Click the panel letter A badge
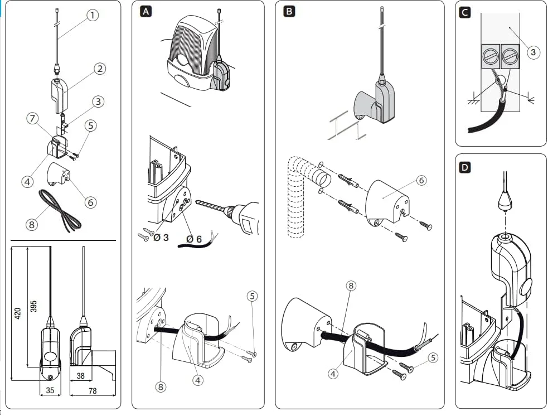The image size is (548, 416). click(x=146, y=11)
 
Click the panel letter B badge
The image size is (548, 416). click(x=289, y=11)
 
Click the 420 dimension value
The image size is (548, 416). click(x=18, y=313)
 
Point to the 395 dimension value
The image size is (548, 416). click(x=33, y=307)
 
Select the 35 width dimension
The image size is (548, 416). click(x=50, y=391)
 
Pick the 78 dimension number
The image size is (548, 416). click(x=93, y=391)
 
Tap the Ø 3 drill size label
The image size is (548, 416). click(x=162, y=238)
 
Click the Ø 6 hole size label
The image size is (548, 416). click(x=194, y=239)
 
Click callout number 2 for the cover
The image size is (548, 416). click(x=100, y=69)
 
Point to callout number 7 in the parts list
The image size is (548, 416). click(x=33, y=118)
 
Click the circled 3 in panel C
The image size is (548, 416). click(x=533, y=52)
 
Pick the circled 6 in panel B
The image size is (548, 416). click(x=421, y=180)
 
